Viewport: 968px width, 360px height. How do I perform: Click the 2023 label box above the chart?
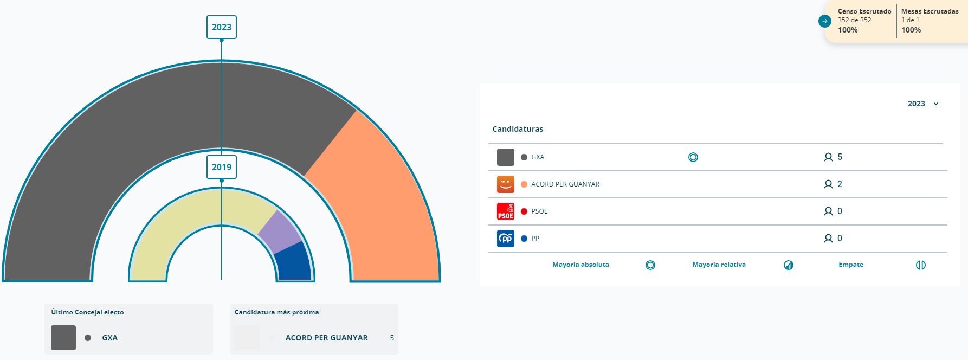pyautogui.click(x=221, y=27)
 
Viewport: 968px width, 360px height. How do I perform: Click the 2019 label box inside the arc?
pyautogui.click(x=221, y=167)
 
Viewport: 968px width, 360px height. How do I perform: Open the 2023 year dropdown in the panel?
pyautogui.click(x=923, y=104)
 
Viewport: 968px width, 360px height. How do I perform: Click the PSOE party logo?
pyautogui.click(x=505, y=211)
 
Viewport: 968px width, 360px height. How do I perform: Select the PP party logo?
pyautogui.click(x=505, y=239)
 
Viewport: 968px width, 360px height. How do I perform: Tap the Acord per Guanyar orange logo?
pyautogui.click(x=505, y=184)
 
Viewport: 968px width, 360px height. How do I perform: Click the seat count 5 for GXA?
pyautogui.click(x=840, y=157)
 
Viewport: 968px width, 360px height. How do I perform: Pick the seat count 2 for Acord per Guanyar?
pyautogui.click(x=840, y=184)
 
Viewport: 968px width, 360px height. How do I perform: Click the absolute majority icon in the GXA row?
pyautogui.click(x=693, y=157)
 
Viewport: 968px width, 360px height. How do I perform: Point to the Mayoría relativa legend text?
pyautogui.click(x=719, y=265)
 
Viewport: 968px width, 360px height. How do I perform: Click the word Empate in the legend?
pyautogui.click(x=850, y=265)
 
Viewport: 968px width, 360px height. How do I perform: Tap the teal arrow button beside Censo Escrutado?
pyautogui.click(x=824, y=21)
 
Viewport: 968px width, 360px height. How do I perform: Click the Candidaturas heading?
pyautogui.click(x=518, y=129)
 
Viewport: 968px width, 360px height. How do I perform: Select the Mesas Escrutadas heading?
pyautogui.click(x=930, y=11)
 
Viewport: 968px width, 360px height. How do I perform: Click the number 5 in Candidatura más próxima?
pyautogui.click(x=392, y=338)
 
